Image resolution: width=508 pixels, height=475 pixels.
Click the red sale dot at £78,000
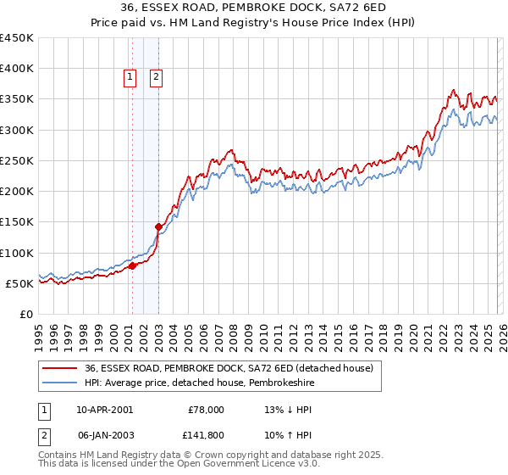tap(132, 265)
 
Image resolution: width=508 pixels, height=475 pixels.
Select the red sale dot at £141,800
tap(158, 226)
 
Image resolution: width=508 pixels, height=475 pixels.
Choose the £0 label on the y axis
tap(26, 314)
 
